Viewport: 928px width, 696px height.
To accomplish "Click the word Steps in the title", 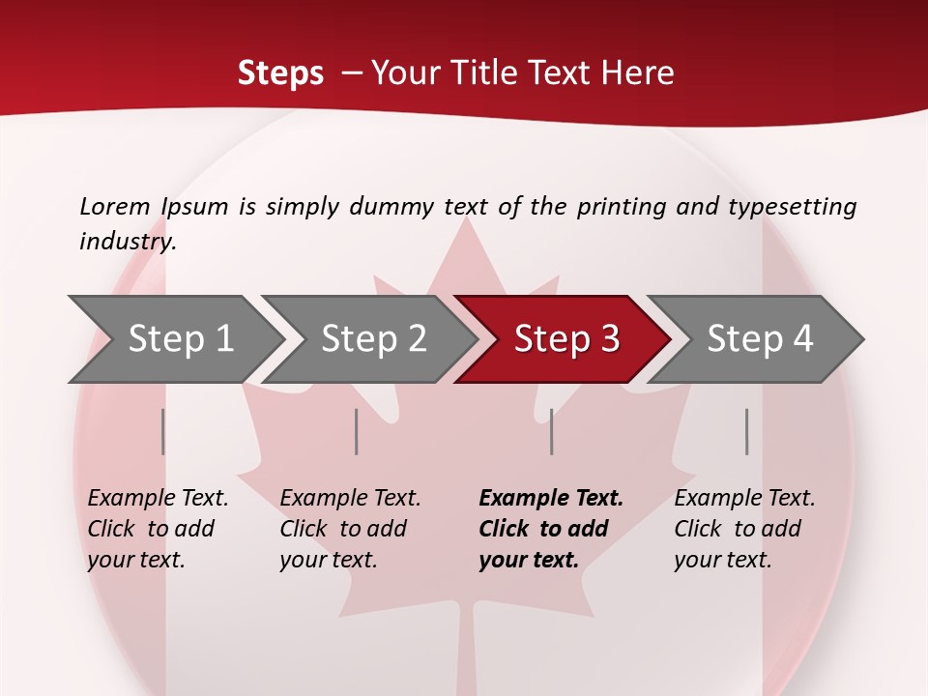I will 280,73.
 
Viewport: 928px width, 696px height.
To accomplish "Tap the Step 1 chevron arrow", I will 180,339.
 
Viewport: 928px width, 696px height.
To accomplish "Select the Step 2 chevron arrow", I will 373,339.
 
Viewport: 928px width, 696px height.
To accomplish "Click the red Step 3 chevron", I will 565,339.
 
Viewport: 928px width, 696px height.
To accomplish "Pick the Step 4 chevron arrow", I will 759,339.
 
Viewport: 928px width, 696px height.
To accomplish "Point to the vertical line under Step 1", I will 163,431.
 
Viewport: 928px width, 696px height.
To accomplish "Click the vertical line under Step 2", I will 357,431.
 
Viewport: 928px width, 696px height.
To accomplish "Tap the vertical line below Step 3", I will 552,431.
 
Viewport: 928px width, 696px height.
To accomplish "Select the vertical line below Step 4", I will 747,431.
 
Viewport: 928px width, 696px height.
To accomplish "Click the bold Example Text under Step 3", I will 550,529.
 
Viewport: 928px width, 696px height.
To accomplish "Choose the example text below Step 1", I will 158,529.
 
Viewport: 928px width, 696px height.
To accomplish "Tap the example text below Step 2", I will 350,529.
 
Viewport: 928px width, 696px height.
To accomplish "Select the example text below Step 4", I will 744,529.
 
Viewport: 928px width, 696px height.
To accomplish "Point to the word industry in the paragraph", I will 127,242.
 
